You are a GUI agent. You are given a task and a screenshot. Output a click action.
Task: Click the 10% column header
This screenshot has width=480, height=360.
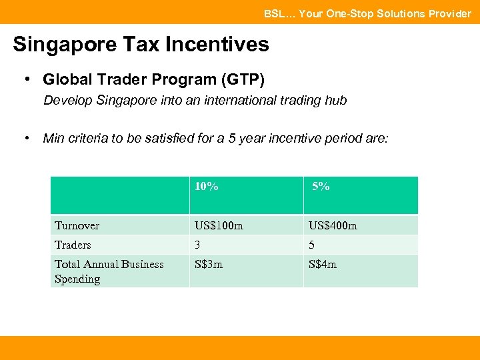[x=206, y=187]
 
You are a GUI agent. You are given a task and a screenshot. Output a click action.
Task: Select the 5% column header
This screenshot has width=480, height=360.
[x=321, y=187]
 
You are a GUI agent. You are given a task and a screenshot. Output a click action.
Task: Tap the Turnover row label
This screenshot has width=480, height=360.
[x=77, y=226]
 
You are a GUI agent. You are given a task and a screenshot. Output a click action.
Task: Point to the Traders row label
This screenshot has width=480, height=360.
[x=73, y=245]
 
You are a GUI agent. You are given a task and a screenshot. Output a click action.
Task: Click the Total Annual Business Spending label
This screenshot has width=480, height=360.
[x=109, y=271]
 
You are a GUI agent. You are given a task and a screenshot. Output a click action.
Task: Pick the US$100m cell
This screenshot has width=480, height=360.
[x=219, y=226]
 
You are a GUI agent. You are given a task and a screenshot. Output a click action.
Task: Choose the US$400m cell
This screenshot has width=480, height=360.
[x=333, y=226]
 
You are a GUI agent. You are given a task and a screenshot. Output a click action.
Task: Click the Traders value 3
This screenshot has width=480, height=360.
[x=197, y=245]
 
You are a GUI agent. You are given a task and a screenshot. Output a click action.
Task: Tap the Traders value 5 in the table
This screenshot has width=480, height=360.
[x=311, y=245]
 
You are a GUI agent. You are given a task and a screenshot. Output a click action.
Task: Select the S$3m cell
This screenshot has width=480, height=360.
[x=209, y=264]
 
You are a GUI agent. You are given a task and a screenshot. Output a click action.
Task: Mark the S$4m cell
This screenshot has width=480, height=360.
[x=323, y=264]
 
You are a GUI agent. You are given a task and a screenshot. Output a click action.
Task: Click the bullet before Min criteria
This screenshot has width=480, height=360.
[x=27, y=138]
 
